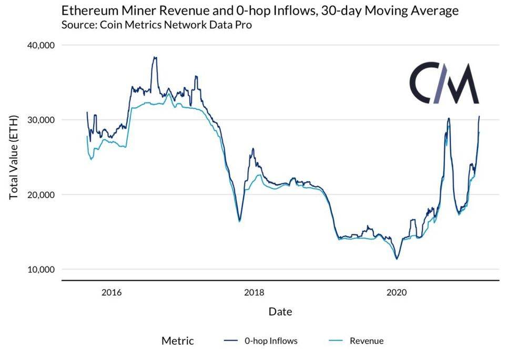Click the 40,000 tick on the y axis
pyautogui.click(x=41, y=45)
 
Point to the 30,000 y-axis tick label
pyautogui.click(x=41, y=120)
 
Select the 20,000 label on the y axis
pyautogui.click(x=41, y=194)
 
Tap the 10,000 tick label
pyautogui.click(x=41, y=270)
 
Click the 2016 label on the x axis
pyautogui.click(x=112, y=293)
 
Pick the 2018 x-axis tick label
pyautogui.click(x=254, y=293)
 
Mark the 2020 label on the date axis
pyautogui.click(x=397, y=293)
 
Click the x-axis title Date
pyautogui.click(x=280, y=312)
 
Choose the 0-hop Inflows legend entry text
pyautogui.click(x=271, y=341)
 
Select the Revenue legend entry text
pyautogui.click(x=367, y=341)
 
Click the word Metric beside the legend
pyautogui.click(x=178, y=341)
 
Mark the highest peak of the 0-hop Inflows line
pyautogui.click(x=155, y=57)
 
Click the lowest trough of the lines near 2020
pyautogui.click(x=397, y=259)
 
